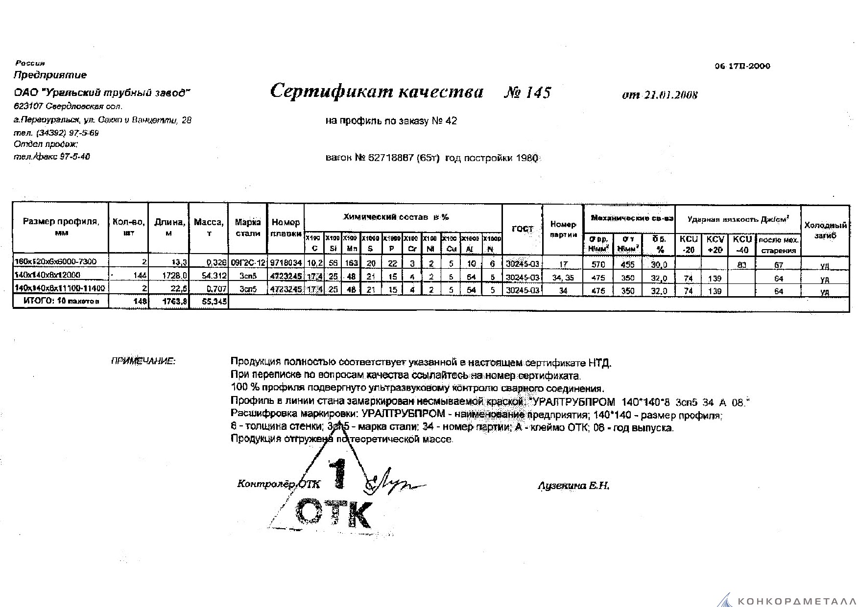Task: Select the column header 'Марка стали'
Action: (x=248, y=228)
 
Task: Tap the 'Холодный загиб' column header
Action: (x=825, y=231)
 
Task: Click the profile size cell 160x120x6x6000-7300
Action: (x=56, y=261)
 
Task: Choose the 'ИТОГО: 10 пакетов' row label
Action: (x=61, y=302)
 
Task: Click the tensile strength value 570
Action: (x=598, y=265)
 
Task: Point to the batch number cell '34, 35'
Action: (x=563, y=278)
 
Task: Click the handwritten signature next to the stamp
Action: (x=392, y=484)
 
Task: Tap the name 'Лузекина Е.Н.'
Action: (x=573, y=486)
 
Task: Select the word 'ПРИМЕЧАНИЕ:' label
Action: (x=143, y=362)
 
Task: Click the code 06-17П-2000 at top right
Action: (x=742, y=66)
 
